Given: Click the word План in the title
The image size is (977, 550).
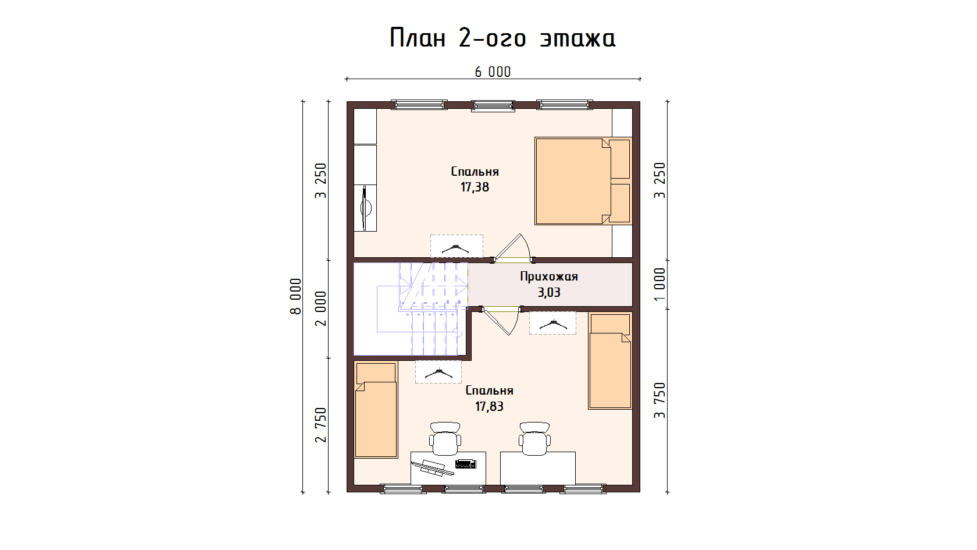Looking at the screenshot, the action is (418, 37).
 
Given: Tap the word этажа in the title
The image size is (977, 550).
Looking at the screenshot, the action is (577, 38).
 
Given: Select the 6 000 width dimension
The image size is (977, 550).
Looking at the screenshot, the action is (493, 72).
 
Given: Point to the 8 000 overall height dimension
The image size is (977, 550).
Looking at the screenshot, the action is (295, 296).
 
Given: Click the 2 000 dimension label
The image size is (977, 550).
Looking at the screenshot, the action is (321, 308).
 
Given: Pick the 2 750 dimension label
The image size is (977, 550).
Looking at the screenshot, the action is (321, 425).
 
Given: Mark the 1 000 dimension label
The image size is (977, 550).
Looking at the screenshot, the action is (660, 284).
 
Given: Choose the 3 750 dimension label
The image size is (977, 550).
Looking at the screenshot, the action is (660, 400).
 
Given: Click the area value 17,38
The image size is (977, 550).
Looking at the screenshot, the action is (475, 187).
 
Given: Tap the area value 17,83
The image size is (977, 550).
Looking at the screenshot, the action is (490, 406).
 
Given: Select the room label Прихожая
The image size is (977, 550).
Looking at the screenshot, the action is (549, 277).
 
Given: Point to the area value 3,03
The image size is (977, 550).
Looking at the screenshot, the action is (549, 292).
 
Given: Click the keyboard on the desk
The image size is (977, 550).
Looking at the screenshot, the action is (465, 463).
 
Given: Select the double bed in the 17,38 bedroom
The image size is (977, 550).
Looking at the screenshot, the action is (583, 181).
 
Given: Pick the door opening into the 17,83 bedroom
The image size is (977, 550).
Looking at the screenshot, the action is (501, 321).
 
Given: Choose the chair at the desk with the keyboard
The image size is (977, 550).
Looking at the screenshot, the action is (445, 438).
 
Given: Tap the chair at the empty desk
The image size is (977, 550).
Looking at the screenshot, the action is (535, 438).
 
